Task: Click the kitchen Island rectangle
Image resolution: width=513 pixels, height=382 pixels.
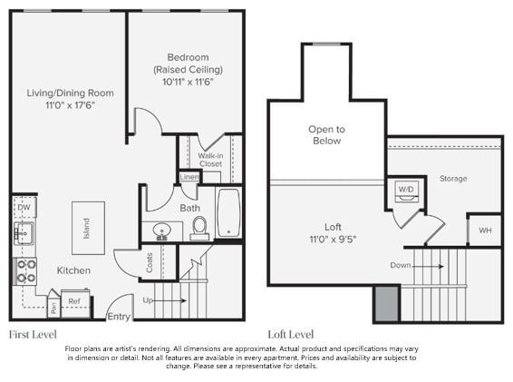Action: tap(88, 227)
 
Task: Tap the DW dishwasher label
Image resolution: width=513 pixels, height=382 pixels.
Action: tap(24, 208)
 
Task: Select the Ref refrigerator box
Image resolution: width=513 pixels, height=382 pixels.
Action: tap(75, 301)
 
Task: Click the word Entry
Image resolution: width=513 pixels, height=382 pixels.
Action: tap(119, 316)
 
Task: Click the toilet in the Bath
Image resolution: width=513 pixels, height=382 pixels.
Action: tap(199, 226)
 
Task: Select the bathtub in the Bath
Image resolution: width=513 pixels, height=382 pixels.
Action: tap(227, 212)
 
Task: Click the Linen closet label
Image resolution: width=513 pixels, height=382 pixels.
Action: tap(189, 177)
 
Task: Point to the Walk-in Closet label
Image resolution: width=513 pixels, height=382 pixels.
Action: tap(210, 160)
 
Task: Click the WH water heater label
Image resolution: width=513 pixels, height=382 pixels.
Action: tap(485, 230)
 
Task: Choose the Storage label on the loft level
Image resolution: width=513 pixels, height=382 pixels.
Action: tap(453, 179)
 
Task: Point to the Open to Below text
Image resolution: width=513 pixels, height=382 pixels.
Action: tap(326, 135)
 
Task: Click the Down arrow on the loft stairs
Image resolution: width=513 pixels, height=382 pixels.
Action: tap(431, 266)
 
